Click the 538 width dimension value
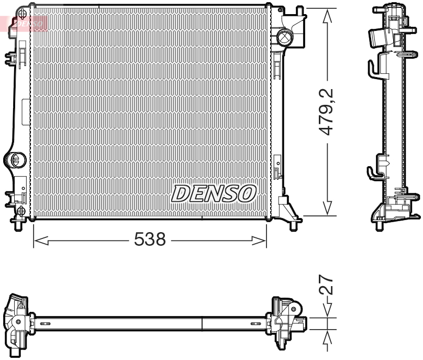pyautogui.click(x=150, y=240)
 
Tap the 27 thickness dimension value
pyautogui.click(x=327, y=286)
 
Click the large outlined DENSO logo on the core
pyautogui.click(x=213, y=193)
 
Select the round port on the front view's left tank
pyautogui.click(x=15, y=159)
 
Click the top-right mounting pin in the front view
pyautogui.click(x=299, y=12)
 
